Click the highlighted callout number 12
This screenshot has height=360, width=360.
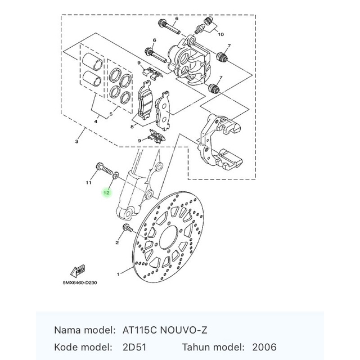[106, 193]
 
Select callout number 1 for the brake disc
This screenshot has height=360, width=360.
[118, 274]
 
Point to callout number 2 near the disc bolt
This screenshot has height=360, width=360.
[117, 242]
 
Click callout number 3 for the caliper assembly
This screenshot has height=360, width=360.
[76, 142]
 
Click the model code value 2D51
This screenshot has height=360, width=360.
[133, 347]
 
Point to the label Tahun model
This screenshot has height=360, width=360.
[213, 347]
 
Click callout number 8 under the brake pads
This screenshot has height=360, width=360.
[132, 127]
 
